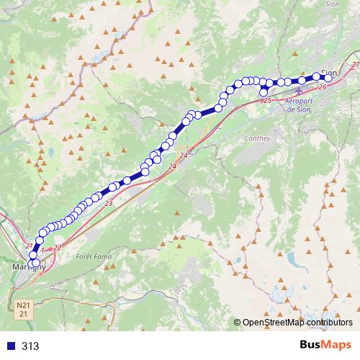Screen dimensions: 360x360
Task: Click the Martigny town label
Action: [29, 268]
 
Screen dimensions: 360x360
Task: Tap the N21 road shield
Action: [24, 305]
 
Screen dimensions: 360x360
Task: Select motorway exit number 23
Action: [109, 204]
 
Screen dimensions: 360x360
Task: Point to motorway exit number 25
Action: [266, 100]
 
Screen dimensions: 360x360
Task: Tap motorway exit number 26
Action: [321, 87]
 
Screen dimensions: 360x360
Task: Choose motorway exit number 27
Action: [356, 66]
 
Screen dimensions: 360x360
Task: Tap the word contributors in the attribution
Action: [328, 323]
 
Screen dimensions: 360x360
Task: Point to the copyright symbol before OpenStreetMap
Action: [238, 323]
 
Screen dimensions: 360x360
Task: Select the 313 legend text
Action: [30, 346]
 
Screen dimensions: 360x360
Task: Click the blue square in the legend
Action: [11, 346]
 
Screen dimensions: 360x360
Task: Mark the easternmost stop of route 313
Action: [329, 78]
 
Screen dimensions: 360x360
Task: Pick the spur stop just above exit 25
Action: [264, 91]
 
